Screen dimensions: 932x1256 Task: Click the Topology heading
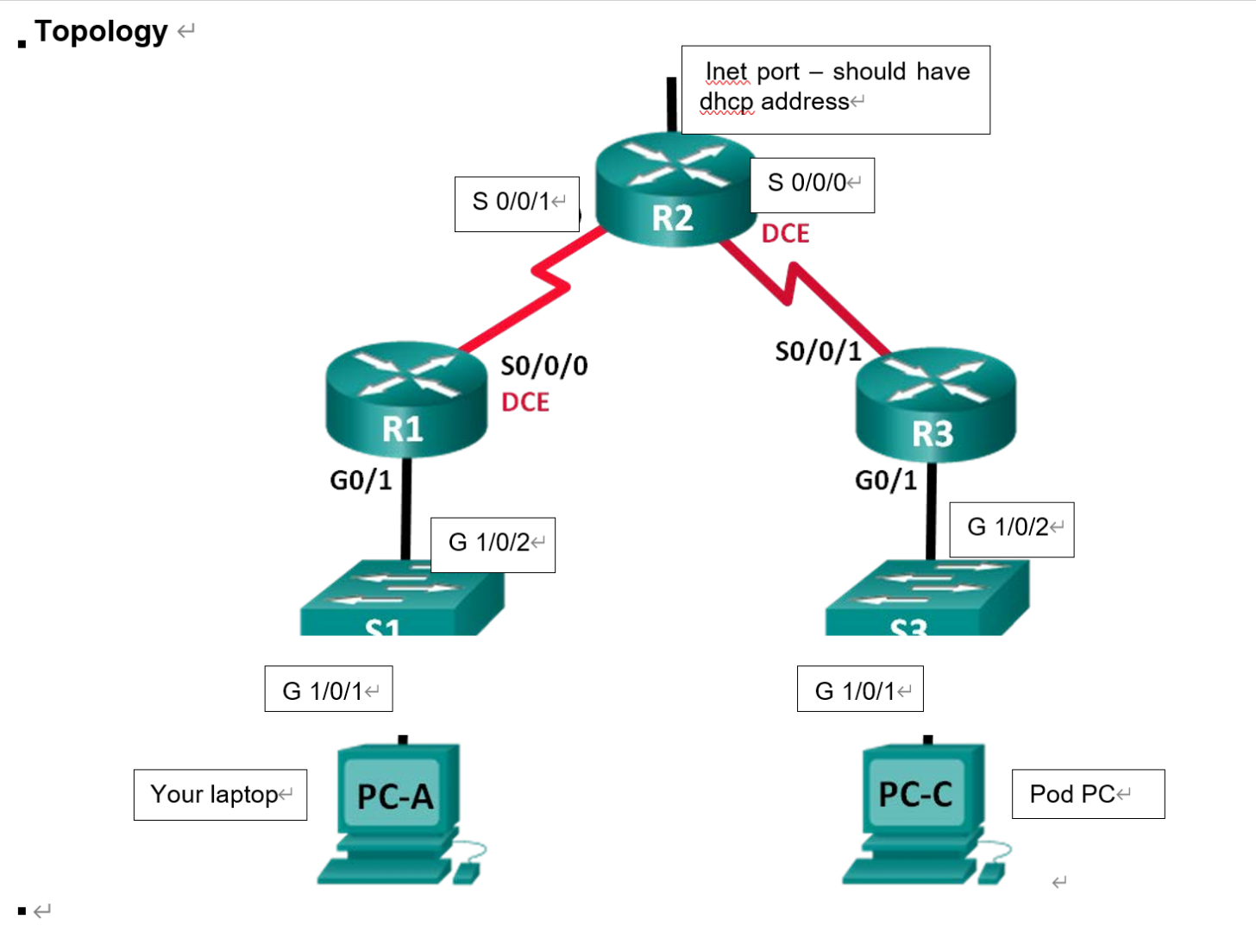click(101, 31)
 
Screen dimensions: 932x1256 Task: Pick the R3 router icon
click(935, 406)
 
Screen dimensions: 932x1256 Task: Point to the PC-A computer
click(397, 811)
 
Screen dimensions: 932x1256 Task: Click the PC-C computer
click(920, 811)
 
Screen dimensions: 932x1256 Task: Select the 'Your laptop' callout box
click(220, 795)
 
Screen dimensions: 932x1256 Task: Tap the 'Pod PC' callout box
click(1087, 794)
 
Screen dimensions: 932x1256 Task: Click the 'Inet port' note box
click(835, 89)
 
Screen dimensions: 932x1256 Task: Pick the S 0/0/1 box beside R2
click(517, 204)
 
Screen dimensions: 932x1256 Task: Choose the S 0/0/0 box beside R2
click(812, 184)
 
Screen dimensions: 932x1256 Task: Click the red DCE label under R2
click(785, 234)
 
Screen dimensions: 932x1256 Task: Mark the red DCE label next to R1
click(524, 403)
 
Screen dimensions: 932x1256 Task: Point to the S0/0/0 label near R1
click(544, 366)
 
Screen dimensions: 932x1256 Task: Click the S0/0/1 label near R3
click(818, 351)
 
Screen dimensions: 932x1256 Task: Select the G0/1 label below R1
click(361, 480)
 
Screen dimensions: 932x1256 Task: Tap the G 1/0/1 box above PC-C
click(860, 690)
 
